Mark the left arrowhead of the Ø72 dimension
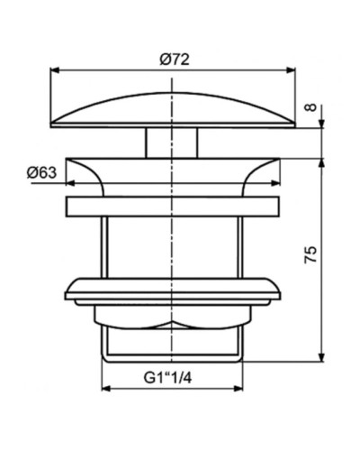53,70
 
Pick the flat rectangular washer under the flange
172,205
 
